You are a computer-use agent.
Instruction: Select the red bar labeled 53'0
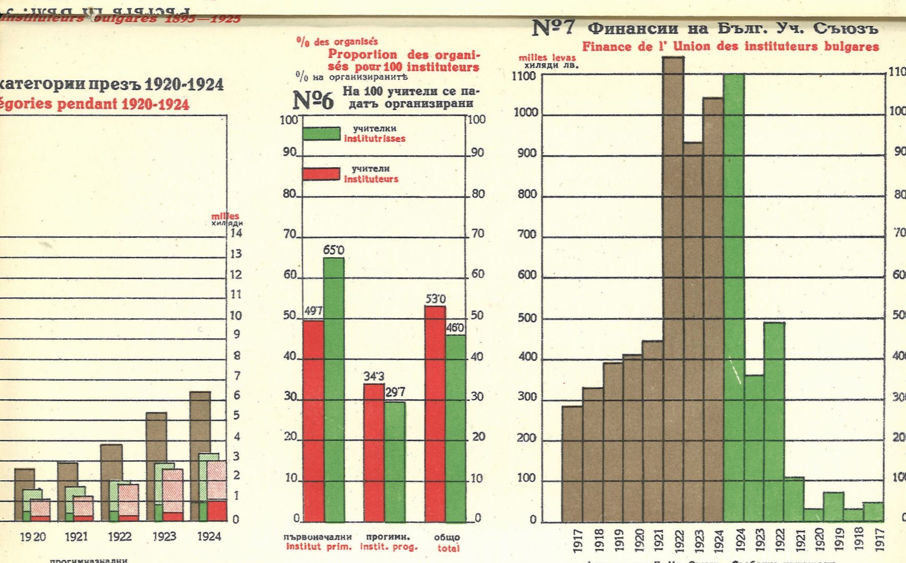[435, 414]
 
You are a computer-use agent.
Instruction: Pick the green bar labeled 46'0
[455, 428]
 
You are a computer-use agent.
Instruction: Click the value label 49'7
[313, 311]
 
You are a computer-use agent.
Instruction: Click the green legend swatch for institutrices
[321, 133]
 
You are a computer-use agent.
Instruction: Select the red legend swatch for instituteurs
[321, 174]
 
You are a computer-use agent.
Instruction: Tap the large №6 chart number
[312, 100]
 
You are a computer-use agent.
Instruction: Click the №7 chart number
[553, 28]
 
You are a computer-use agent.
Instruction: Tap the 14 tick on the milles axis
[236, 233]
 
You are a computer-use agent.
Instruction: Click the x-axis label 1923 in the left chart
[164, 536]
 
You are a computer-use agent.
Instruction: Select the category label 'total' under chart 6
[448, 548]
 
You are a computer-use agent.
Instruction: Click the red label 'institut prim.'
[319, 547]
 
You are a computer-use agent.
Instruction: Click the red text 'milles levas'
[547, 57]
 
